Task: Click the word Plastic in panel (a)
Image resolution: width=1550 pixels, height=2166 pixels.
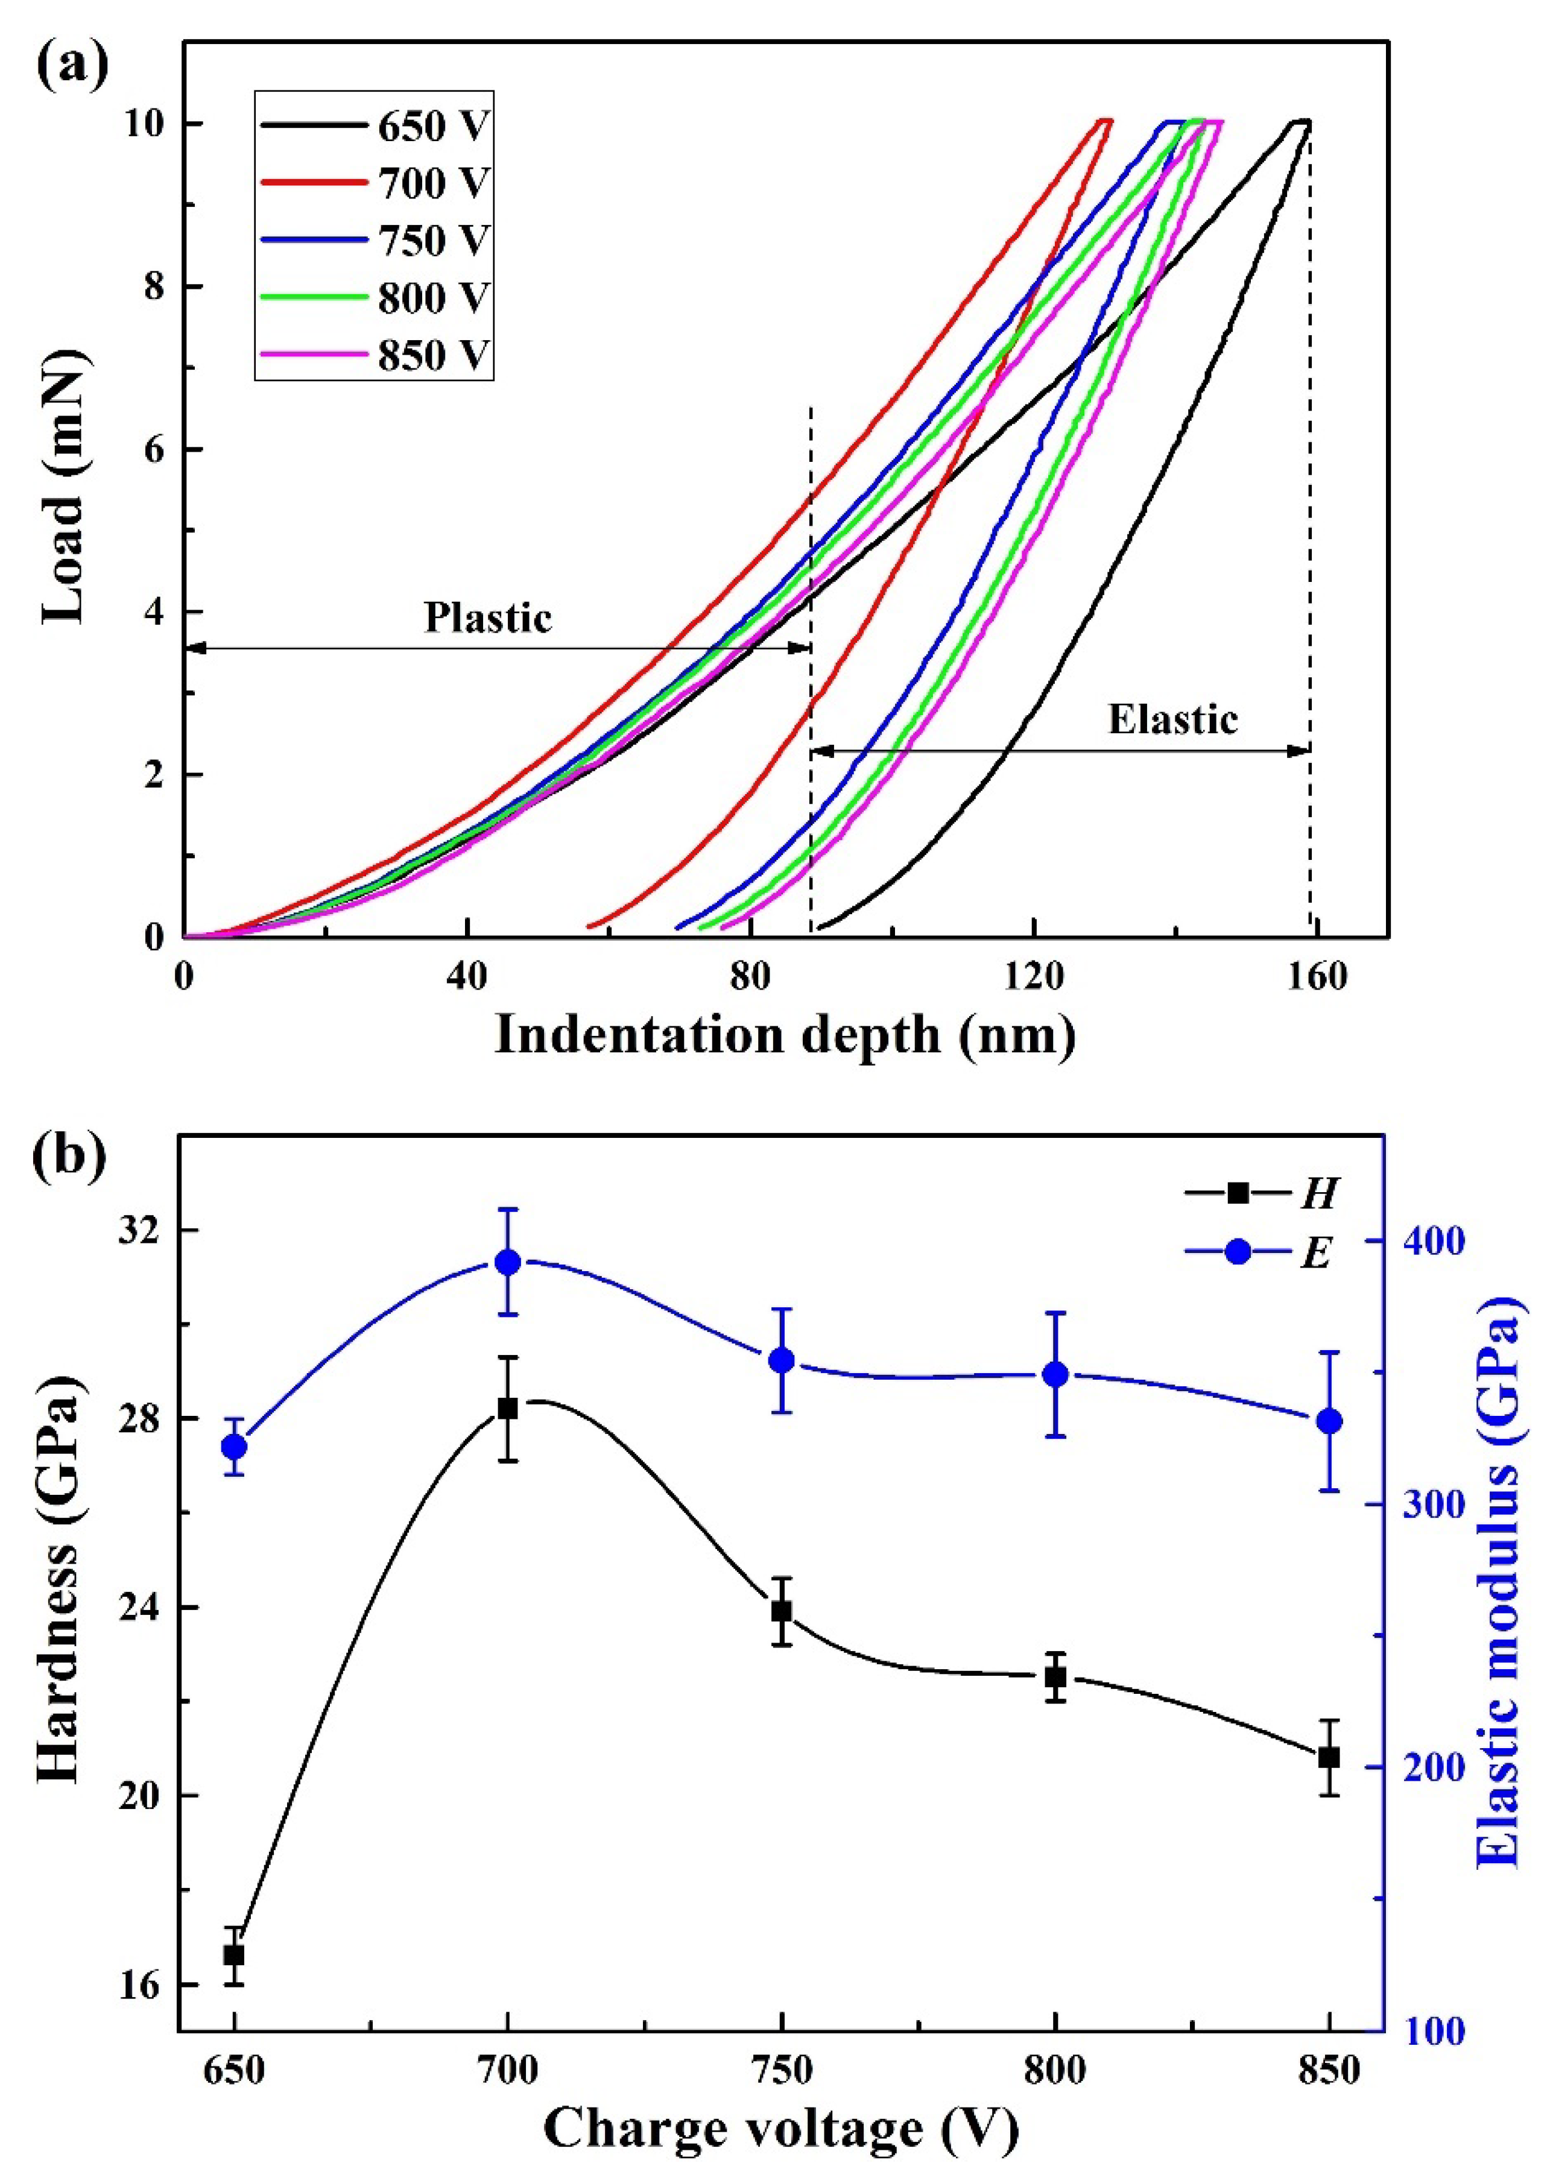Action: [x=488, y=617]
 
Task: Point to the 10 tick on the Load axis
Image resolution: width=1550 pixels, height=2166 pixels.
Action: [x=145, y=125]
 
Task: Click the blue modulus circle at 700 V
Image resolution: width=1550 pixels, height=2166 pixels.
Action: [x=508, y=1262]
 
